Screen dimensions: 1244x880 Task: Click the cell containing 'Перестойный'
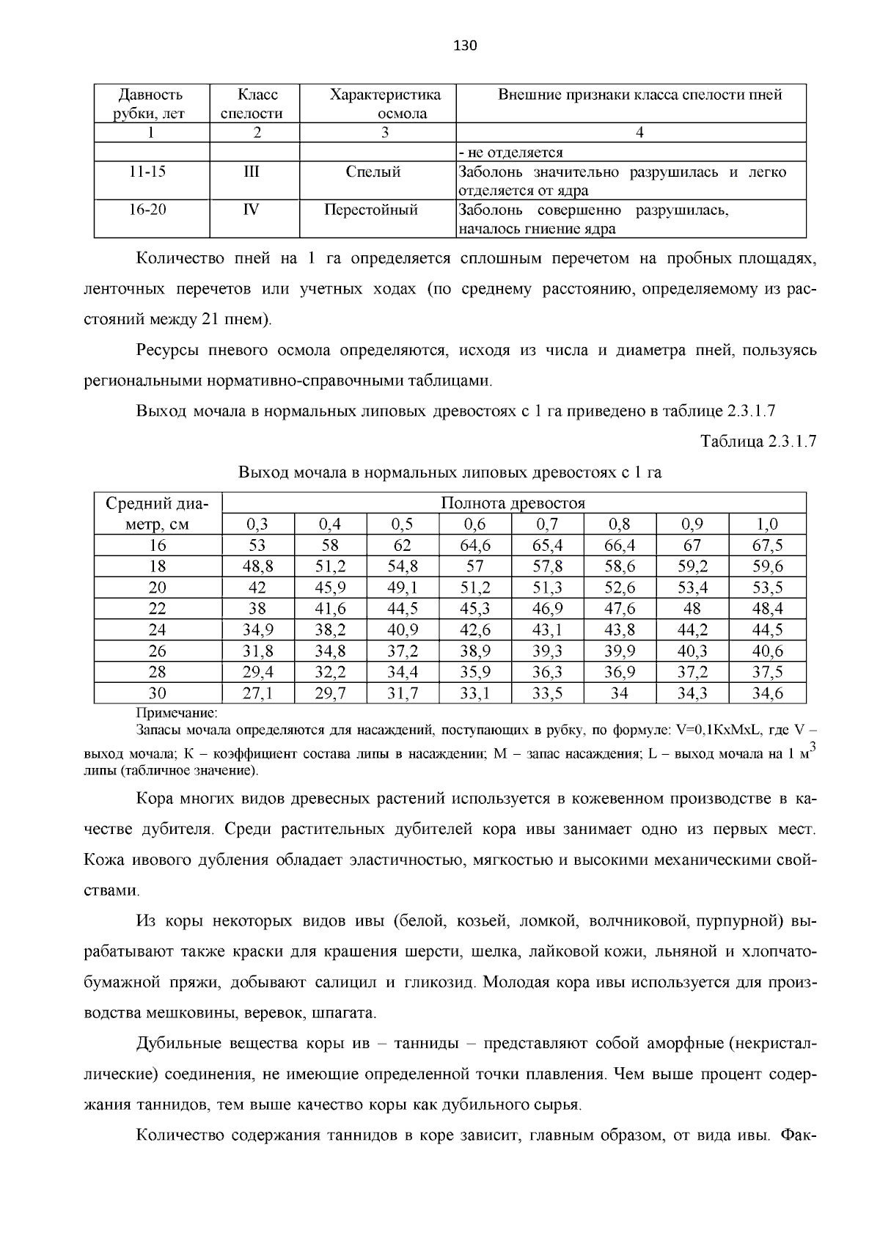point(371,211)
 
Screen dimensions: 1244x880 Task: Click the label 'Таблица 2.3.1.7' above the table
point(758,442)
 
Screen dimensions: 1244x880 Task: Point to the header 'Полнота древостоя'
point(513,503)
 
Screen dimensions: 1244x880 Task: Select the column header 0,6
point(474,524)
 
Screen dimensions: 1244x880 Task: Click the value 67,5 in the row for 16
point(767,546)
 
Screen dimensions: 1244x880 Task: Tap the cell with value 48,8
point(257,566)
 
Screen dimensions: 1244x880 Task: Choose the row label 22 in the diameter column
point(158,609)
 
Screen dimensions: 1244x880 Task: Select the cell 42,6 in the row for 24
point(474,630)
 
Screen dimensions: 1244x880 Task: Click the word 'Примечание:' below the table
point(177,713)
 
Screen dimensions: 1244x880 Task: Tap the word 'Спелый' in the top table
point(373,172)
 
